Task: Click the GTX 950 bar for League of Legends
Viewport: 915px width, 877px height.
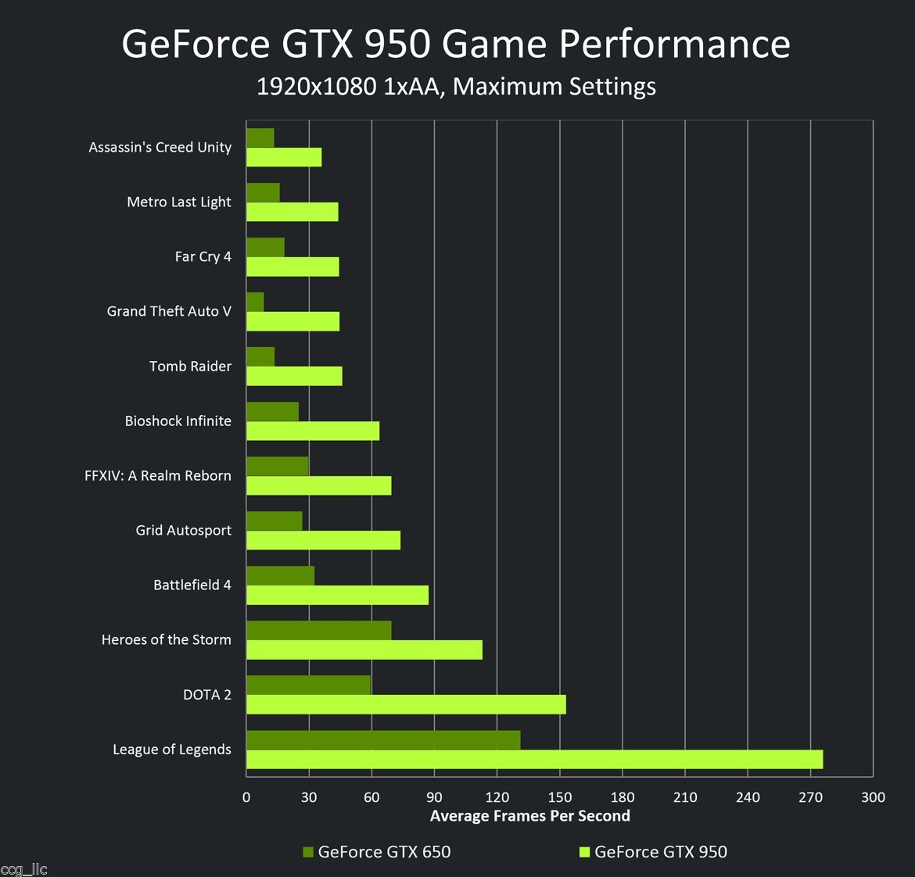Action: click(534, 759)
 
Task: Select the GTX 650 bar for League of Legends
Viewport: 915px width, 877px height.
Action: click(383, 739)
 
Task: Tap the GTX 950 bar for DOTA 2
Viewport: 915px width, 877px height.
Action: click(406, 704)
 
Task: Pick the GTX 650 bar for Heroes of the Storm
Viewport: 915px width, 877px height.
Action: click(318, 630)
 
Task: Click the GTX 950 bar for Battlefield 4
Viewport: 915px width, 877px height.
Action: click(337, 595)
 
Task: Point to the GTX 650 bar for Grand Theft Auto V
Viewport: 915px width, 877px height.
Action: click(255, 302)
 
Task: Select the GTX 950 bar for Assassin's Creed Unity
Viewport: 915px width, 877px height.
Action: click(284, 157)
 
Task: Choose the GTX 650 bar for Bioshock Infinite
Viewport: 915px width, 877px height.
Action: click(272, 411)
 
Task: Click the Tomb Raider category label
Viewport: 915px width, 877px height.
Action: click(190, 366)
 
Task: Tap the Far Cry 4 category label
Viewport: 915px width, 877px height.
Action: click(203, 256)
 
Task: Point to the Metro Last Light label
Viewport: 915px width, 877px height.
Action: click(178, 202)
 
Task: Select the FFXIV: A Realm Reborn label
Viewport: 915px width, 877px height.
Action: click(158, 475)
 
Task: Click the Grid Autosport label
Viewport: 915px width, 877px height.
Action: click(183, 530)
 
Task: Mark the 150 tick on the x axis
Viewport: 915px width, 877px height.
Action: click(560, 797)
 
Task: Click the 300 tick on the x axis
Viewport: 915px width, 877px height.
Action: click(873, 797)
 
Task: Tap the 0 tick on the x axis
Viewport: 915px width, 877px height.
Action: click(246, 797)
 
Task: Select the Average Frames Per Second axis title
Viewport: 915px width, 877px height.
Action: click(529, 816)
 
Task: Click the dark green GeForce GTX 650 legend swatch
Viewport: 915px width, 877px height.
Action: click(307, 852)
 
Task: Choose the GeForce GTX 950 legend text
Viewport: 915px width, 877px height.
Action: click(660, 852)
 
